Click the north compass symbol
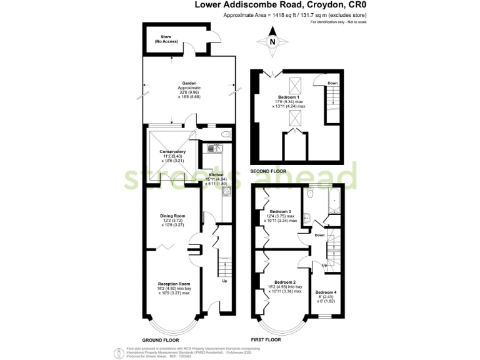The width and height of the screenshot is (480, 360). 272,42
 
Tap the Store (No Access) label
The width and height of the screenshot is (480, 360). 166,40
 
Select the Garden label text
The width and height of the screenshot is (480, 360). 189,83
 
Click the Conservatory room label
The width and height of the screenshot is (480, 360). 172,152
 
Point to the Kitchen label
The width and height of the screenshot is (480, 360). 216,176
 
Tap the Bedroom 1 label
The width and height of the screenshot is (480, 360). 289,97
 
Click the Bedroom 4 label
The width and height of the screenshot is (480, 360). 325,292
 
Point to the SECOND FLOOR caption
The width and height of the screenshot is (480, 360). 269,171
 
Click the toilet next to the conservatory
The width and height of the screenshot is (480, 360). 226,134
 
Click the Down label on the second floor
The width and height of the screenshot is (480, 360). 332,83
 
